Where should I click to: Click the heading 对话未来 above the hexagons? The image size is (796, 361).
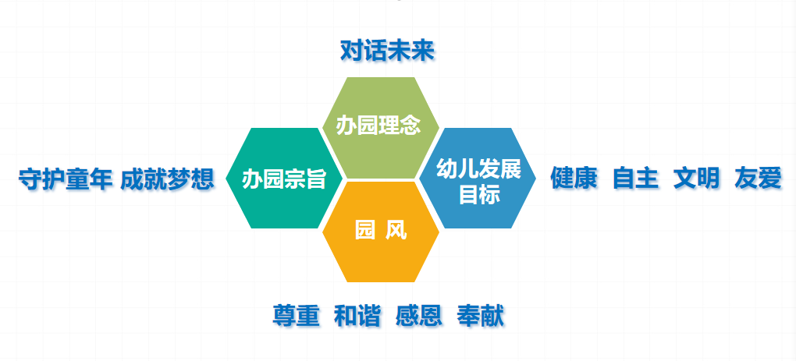pyautogui.click(x=387, y=51)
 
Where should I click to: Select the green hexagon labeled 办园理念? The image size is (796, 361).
pyautogui.click(x=381, y=128)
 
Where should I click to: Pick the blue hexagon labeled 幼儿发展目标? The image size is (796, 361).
pyautogui.click(x=478, y=178)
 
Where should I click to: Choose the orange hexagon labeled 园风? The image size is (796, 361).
pyautogui.click(x=381, y=232)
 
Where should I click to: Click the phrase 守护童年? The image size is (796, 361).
pyautogui.click(x=66, y=179)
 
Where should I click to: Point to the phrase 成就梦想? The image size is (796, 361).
pyautogui.click(x=167, y=179)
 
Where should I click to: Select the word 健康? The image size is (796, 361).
pyautogui.click(x=574, y=178)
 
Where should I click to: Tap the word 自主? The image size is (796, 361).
pyautogui.click(x=635, y=178)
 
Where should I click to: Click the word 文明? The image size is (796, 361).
pyautogui.click(x=696, y=178)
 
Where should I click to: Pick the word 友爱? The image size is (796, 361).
pyautogui.click(x=758, y=178)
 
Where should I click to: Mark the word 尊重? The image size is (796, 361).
pyautogui.click(x=296, y=316)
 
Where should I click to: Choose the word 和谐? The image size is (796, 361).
pyautogui.click(x=357, y=316)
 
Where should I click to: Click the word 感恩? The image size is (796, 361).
pyautogui.click(x=419, y=316)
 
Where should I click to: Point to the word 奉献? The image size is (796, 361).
pyautogui.click(x=480, y=316)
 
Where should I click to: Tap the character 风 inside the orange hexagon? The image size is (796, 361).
pyautogui.click(x=396, y=232)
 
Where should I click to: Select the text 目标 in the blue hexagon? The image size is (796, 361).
pyautogui.click(x=479, y=195)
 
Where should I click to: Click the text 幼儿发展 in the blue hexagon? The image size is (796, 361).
pyautogui.click(x=478, y=169)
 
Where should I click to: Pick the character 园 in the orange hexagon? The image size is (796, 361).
pyautogui.click(x=364, y=232)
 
